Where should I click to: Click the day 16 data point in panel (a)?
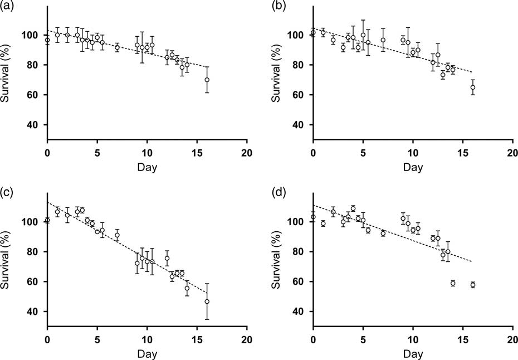click(207, 80)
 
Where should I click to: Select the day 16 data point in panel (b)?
click(473, 87)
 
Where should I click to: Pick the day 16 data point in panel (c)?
click(207, 301)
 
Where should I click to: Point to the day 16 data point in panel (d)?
click(473, 285)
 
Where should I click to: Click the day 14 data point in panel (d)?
click(453, 283)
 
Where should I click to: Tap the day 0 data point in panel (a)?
click(47, 40)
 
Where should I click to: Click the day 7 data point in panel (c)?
click(117, 235)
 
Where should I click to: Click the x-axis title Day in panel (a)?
click(147, 167)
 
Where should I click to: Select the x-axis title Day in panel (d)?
click(413, 353)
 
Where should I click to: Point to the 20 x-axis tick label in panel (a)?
click(247, 152)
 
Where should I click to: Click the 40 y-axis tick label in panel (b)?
click(299, 125)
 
